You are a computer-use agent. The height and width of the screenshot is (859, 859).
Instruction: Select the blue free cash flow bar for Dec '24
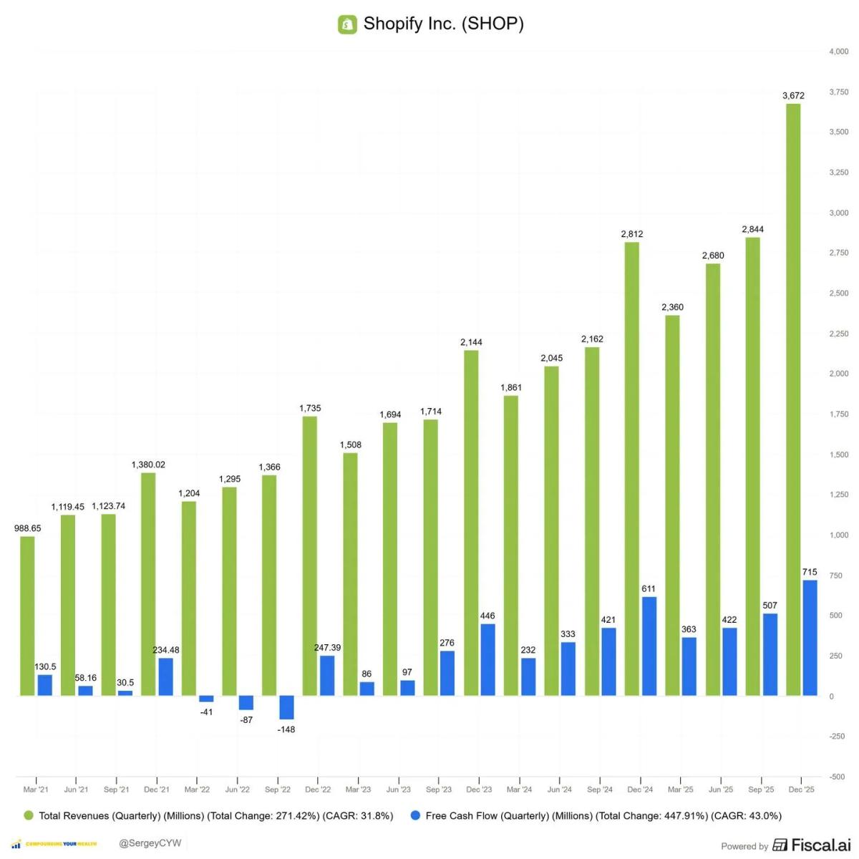[649, 646]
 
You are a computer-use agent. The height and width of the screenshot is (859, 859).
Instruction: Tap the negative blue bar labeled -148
[286, 707]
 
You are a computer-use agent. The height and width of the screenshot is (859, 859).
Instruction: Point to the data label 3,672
[793, 95]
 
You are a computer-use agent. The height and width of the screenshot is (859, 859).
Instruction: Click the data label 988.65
[28, 528]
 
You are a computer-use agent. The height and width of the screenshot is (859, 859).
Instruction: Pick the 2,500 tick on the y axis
[838, 293]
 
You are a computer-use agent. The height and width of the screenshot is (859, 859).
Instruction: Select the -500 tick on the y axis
[837, 777]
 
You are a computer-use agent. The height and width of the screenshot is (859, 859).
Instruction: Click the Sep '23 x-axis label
[439, 790]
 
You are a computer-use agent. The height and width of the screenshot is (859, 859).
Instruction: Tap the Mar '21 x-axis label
[36, 790]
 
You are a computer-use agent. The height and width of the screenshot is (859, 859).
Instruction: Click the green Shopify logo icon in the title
[347, 24]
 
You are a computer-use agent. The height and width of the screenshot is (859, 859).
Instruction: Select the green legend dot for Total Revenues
[29, 815]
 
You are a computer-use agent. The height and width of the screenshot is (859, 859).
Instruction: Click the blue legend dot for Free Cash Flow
[415, 815]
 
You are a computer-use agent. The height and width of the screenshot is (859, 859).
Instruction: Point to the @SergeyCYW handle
[150, 843]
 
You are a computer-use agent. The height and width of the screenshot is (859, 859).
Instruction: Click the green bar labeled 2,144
[471, 523]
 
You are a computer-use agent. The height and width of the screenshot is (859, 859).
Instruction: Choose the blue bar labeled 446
[487, 659]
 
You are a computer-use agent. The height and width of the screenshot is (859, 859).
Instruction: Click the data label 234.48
[166, 650]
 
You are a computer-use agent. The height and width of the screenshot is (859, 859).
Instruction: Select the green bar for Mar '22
[189, 598]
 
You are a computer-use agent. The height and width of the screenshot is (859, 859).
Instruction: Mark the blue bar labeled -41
[206, 699]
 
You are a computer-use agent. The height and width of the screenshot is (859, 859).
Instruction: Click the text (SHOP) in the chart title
[492, 24]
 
